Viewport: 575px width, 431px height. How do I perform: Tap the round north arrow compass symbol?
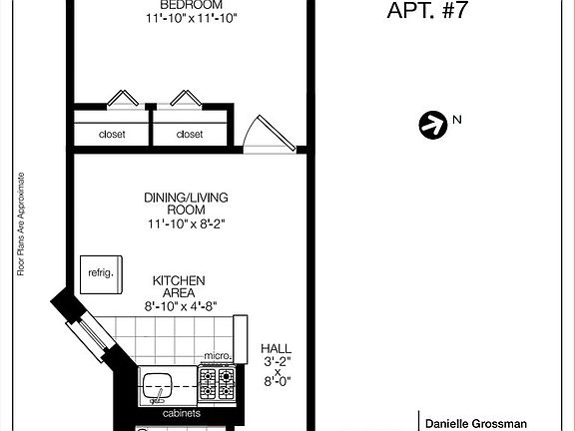coord(432,125)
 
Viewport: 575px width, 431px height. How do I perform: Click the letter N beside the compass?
coord(457,121)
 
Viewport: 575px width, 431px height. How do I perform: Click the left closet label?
coord(111,134)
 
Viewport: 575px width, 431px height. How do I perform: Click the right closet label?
coord(189,134)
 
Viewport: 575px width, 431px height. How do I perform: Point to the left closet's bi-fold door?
coord(124,99)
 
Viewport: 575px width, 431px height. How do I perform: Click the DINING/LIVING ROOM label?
coord(188,205)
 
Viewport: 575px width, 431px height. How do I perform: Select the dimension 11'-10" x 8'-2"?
coord(188,225)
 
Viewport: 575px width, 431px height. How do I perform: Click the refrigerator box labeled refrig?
coord(101,272)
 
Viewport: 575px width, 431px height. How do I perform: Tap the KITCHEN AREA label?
coord(179,287)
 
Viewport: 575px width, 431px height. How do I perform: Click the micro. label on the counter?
coord(218,356)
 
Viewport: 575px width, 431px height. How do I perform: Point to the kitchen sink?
coord(159,385)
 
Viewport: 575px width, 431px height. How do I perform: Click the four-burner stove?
coord(217,383)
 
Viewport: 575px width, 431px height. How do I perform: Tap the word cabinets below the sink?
coord(182,413)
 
